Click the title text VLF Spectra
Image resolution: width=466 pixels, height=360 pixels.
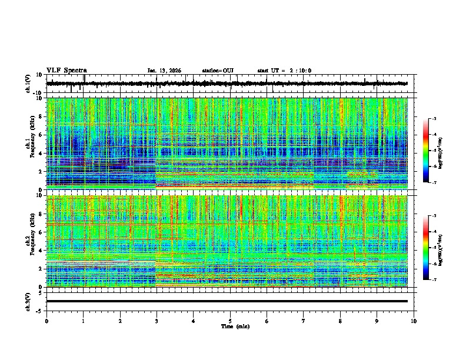point(66,71)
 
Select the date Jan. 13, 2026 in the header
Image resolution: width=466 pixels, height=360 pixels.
point(164,71)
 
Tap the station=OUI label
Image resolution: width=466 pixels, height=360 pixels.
point(218,71)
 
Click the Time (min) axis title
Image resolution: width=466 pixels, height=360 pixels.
point(235,326)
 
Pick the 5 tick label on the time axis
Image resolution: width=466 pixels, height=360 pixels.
point(230,321)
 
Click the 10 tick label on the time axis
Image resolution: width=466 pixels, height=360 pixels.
point(414,321)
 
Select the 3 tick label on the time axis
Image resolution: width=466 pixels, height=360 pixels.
point(157,321)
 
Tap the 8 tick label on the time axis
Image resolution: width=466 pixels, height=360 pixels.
point(340,321)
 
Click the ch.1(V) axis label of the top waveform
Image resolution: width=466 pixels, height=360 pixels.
point(28,84)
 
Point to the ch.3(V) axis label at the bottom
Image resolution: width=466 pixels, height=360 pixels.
point(28,301)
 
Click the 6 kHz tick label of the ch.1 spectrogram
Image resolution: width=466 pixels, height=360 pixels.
point(40,135)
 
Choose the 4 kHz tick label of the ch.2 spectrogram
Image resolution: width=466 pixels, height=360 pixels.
point(40,250)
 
